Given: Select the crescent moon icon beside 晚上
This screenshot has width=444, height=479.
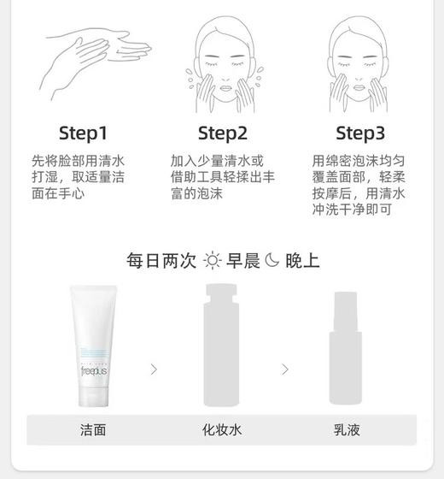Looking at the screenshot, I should click(x=272, y=260).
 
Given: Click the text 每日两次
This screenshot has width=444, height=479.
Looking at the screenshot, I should click(x=161, y=260).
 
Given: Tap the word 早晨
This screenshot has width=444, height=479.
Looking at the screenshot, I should click(x=242, y=260).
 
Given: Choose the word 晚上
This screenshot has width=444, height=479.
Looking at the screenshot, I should click(x=302, y=260).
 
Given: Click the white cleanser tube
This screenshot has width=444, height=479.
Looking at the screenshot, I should click(x=100, y=346).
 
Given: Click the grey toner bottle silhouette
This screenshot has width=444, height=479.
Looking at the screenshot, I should click(x=223, y=346).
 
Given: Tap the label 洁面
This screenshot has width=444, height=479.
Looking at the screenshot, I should click(x=92, y=429).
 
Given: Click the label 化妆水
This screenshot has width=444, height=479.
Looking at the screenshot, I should click(x=222, y=429).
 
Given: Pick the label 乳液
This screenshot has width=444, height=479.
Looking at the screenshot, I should click(x=348, y=429).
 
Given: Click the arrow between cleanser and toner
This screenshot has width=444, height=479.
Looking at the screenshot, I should click(x=154, y=370).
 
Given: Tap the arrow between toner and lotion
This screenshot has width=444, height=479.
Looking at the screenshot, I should click(x=285, y=370).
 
